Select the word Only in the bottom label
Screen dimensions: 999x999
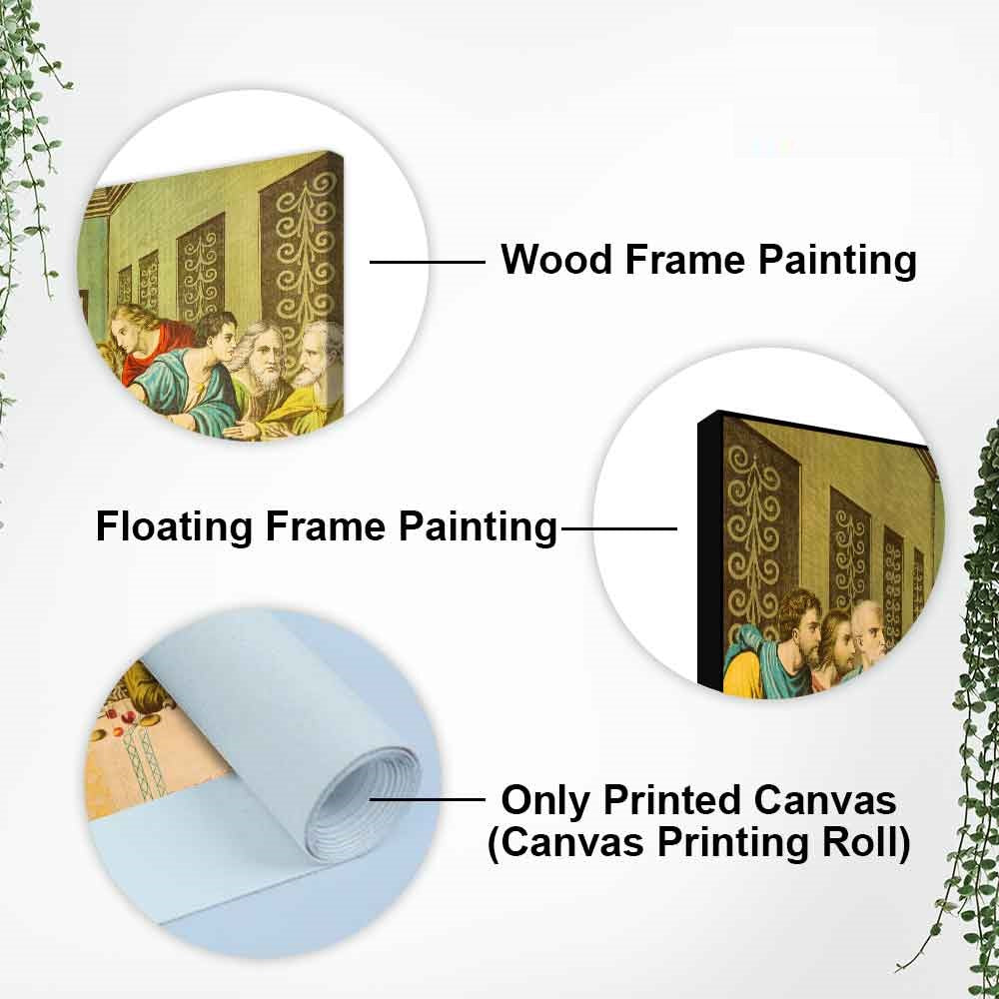[546, 800]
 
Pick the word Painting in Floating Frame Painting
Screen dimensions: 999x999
[478, 527]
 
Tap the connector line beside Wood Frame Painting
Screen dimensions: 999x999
[428, 261]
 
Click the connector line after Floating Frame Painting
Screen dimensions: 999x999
[619, 528]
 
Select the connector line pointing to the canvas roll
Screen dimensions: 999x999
[428, 799]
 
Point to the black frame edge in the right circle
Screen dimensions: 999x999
[709, 554]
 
